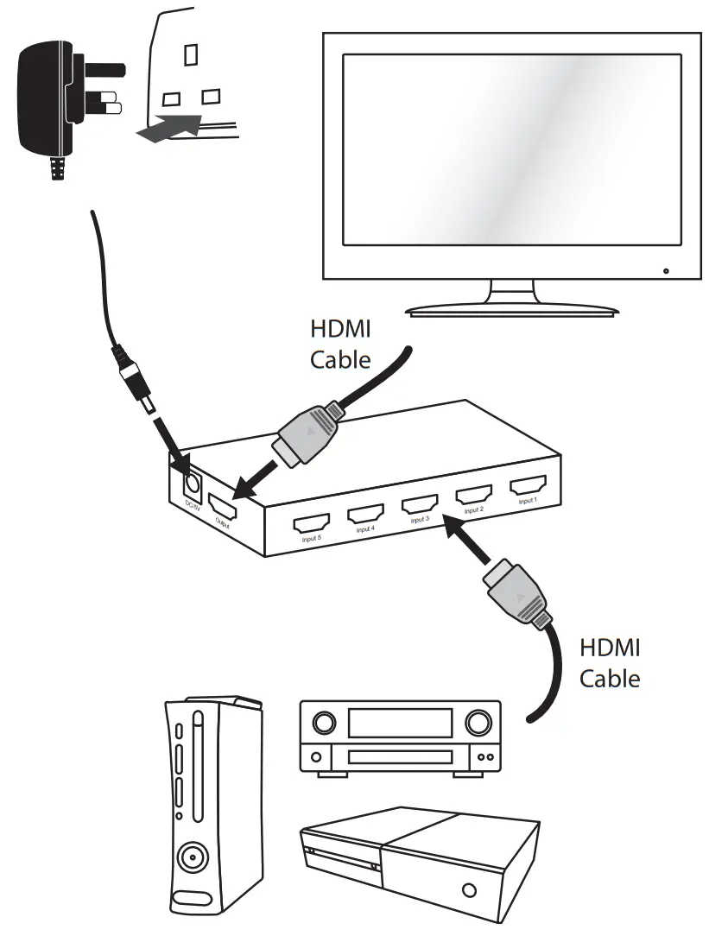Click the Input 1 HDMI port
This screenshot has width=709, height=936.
pyautogui.click(x=526, y=485)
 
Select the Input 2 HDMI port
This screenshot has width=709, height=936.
pyautogui.click(x=473, y=495)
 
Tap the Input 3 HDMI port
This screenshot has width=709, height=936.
pyautogui.click(x=420, y=504)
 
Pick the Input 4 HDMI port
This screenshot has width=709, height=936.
pyautogui.click(x=365, y=515)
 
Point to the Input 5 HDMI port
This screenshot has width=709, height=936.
pyautogui.click(x=311, y=524)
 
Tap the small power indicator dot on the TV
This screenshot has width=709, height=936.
pyautogui.click(x=666, y=272)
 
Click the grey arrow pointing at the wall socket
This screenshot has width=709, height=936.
pyautogui.click(x=168, y=130)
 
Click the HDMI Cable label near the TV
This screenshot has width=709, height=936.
pyautogui.click(x=340, y=345)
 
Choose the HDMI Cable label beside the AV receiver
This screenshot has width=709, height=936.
pyautogui.click(x=610, y=663)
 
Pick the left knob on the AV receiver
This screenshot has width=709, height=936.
pyautogui.click(x=324, y=720)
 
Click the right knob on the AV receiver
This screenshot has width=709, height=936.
pyautogui.click(x=475, y=720)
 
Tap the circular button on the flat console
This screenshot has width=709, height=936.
pyautogui.click(x=469, y=889)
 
